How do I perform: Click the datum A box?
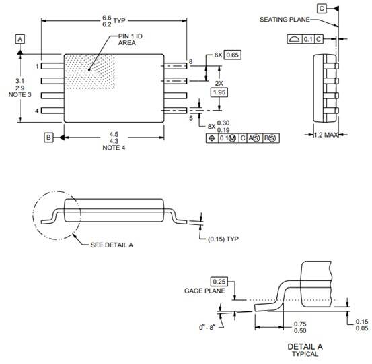(20, 39)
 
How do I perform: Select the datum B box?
(48, 138)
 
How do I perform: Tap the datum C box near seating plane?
(322, 9)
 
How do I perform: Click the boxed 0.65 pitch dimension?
(233, 55)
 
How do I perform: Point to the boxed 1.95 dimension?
(219, 92)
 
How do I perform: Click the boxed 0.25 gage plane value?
(219, 282)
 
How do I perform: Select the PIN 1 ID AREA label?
(131, 40)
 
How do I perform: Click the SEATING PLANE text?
(285, 20)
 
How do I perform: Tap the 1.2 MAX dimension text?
(326, 135)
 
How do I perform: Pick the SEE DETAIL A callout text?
(112, 245)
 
